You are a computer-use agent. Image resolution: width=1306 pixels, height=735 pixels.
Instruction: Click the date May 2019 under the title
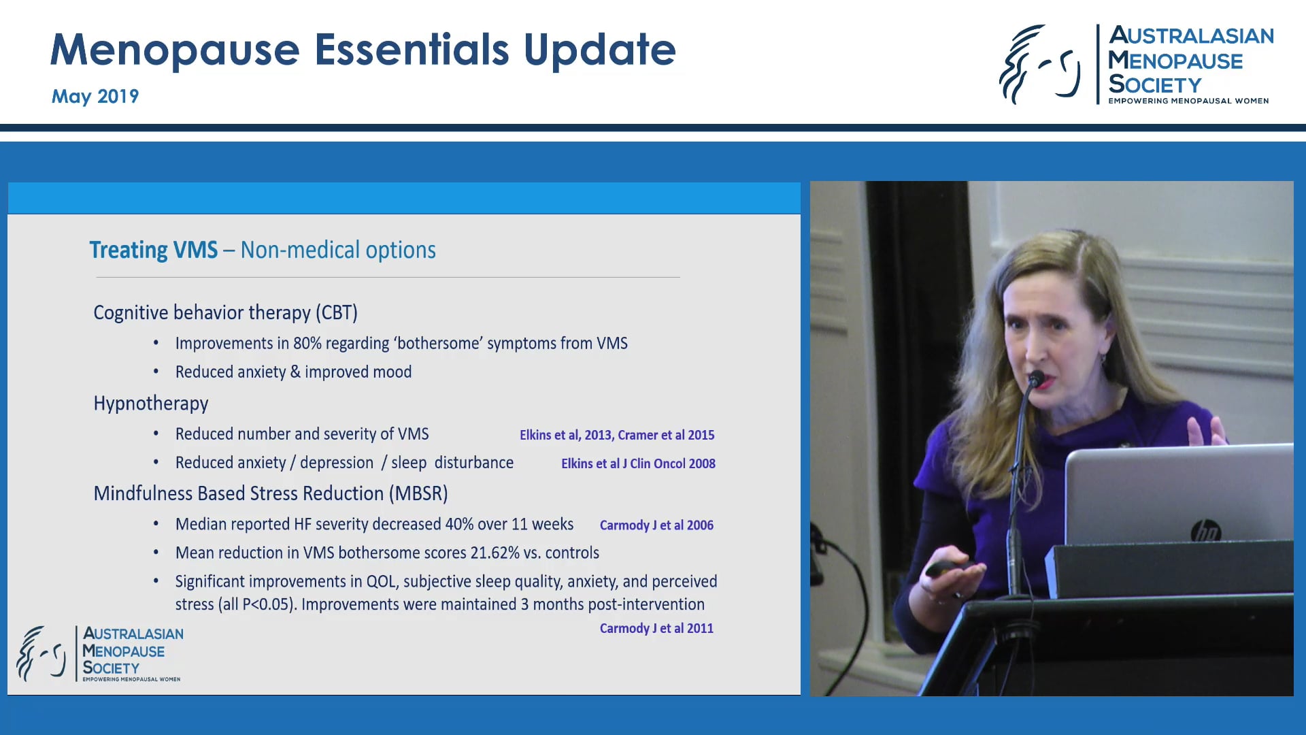pyautogui.click(x=95, y=96)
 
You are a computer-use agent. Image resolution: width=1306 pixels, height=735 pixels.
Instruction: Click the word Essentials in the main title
pyautogui.click(x=412, y=50)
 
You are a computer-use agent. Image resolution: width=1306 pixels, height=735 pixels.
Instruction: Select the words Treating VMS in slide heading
pyautogui.click(x=154, y=250)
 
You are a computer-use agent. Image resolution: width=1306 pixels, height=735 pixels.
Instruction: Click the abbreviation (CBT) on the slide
pyautogui.click(x=336, y=312)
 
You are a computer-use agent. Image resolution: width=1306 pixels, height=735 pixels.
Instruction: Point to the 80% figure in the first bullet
pyautogui.click(x=307, y=344)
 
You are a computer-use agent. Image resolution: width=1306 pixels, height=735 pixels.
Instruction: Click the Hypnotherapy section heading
pyautogui.click(x=151, y=404)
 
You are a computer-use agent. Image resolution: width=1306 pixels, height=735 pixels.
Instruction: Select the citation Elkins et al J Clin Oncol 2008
pyautogui.click(x=638, y=463)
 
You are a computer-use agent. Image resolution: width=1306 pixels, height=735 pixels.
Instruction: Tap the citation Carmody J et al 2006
pyautogui.click(x=656, y=525)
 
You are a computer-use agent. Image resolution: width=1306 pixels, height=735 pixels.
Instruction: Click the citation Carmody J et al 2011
pyautogui.click(x=656, y=628)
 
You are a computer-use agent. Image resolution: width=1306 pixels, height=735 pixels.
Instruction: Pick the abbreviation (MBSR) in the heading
pyautogui.click(x=418, y=493)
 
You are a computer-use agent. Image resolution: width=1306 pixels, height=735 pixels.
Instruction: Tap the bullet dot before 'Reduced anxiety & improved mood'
pyautogui.click(x=156, y=372)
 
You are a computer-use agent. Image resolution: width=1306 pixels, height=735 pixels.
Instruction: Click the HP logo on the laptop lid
pyautogui.click(x=1206, y=531)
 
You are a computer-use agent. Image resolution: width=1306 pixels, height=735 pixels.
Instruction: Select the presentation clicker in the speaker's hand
pyautogui.click(x=948, y=568)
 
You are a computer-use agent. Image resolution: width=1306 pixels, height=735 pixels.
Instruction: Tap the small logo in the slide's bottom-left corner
pyautogui.click(x=99, y=653)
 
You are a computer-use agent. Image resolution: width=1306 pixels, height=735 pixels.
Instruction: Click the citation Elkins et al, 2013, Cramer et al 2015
pyautogui.click(x=617, y=435)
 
